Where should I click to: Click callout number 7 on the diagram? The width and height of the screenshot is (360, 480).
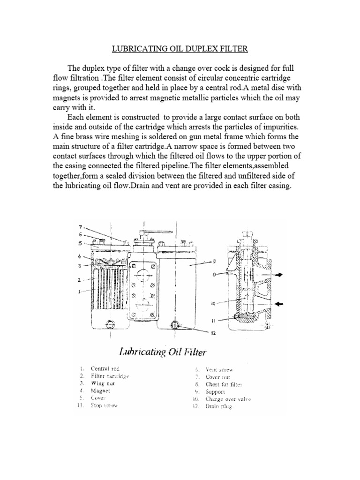80,226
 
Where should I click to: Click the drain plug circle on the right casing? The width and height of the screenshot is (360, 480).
174,324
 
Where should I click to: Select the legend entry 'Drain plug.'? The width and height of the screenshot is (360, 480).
219,406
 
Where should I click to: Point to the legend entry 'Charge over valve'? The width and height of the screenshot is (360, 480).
228,399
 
